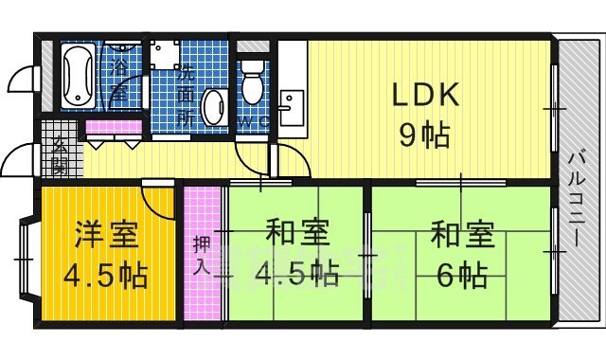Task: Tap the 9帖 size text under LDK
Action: [424, 135]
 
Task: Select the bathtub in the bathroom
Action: [78, 75]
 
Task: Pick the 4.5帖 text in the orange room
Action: [107, 276]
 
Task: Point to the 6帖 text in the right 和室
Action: [462, 276]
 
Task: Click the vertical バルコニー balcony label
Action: [577, 201]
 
